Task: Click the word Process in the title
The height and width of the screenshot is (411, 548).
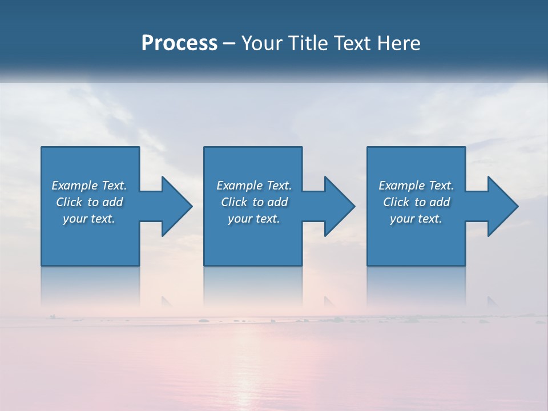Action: [179, 43]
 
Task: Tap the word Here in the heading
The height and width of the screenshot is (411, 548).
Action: [398, 43]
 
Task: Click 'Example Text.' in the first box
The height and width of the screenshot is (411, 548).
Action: [89, 186]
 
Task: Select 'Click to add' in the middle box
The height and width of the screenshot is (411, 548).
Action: [254, 202]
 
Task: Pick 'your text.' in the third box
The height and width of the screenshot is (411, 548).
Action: [416, 219]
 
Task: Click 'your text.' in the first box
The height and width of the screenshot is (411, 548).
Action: [89, 219]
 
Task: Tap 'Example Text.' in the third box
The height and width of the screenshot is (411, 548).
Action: [416, 186]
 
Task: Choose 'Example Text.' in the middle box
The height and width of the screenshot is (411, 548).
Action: [254, 186]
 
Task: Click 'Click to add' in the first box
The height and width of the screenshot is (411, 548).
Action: [89, 202]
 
